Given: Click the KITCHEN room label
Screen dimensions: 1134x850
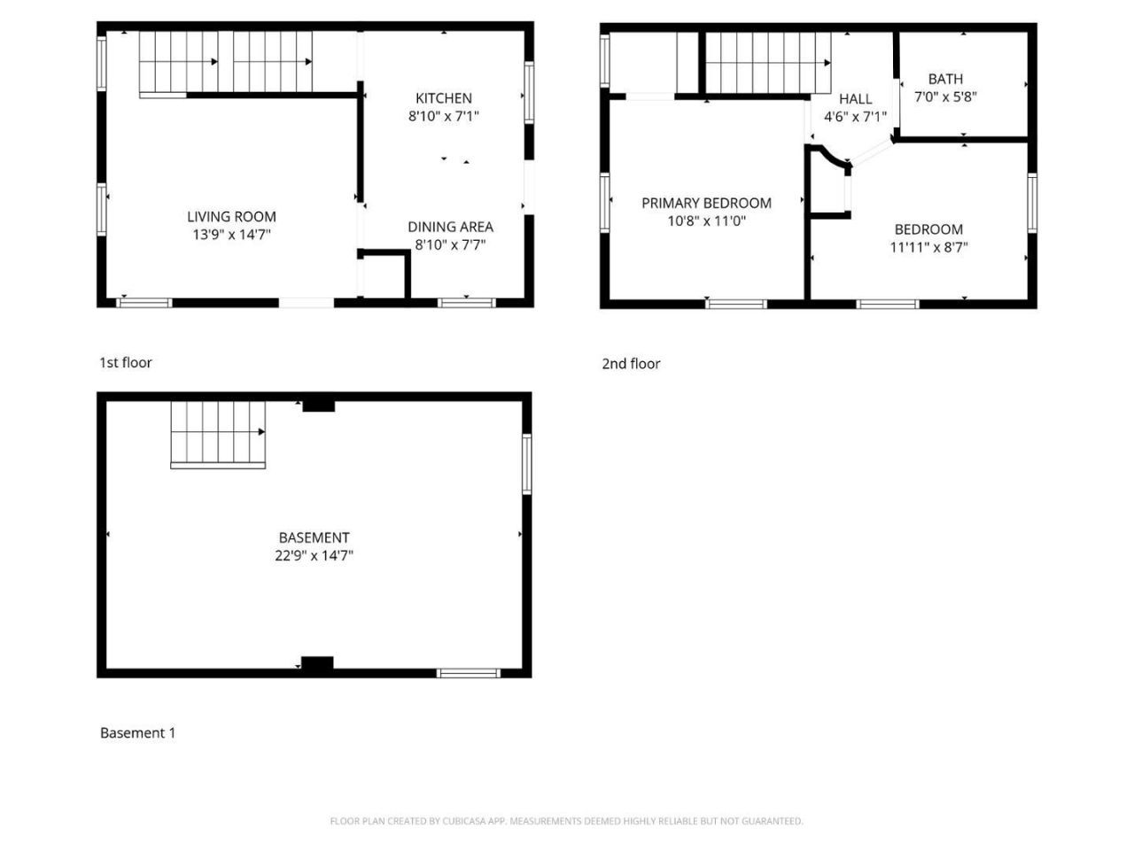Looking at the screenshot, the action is click(443, 97).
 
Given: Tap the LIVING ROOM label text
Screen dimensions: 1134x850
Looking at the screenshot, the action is click(231, 216).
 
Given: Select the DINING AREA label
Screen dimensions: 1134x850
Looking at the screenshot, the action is click(450, 227).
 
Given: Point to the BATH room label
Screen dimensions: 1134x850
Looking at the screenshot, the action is click(945, 79).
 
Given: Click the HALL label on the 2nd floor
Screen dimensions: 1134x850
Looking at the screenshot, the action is click(855, 98).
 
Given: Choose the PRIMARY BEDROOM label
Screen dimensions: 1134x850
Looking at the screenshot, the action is click(706, 203).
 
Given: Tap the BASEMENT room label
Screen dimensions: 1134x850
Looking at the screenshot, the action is click(314, 537).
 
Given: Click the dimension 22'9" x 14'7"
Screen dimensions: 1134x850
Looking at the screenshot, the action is click(314, 555).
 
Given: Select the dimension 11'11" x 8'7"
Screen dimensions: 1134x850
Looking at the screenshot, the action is click(928, 247).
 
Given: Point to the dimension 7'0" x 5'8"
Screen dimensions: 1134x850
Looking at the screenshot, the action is click(945, 97).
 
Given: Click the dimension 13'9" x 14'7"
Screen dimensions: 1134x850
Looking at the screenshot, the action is click(231, 235).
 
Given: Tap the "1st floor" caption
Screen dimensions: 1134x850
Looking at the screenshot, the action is click(126, 362).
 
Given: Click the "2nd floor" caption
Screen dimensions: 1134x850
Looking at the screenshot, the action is click(630, 363).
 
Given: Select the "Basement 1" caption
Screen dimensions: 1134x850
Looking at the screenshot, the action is click(137, 732).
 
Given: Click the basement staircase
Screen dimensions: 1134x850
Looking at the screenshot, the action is click(218, 435).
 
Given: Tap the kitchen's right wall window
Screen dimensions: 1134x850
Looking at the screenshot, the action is click(529, 93).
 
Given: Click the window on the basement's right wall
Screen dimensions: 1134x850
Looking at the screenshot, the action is click(526, 464).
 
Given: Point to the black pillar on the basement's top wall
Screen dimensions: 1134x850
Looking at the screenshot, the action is click(318, 406).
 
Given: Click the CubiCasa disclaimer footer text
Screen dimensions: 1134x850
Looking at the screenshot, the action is click(566, 821).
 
